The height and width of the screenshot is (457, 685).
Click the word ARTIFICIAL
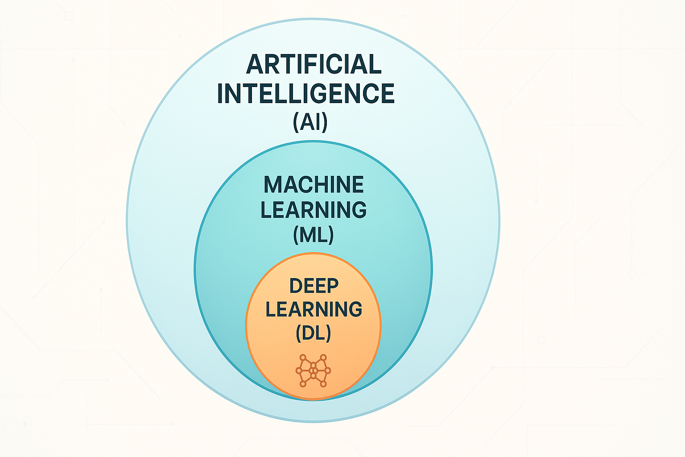tap(314, 64)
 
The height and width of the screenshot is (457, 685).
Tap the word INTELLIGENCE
tap(305, 93)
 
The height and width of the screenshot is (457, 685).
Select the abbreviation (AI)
tap(310, 121)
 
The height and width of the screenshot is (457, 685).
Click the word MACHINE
tap(314, 185)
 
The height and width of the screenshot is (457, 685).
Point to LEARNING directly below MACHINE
tap(314, 210)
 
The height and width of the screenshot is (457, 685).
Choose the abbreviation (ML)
tap(314, 234)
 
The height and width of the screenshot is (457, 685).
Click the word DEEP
tap(314, 286)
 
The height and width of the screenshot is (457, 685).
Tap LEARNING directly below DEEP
tap(314, 309)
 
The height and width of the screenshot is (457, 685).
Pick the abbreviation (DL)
tap(314, 333)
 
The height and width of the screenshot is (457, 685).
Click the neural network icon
tap(314, 371)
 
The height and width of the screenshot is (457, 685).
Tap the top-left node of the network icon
tap(303, 357)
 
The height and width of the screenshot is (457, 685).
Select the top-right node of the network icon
tap(324, 357)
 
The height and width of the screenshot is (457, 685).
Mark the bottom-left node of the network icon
tap(303, 384)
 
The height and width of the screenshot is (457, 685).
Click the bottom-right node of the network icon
tap(324, 384)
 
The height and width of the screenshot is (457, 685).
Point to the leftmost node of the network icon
tap(298, 370)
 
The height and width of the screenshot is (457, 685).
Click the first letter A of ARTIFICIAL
tap(255, 64)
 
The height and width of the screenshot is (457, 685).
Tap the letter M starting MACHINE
tap(272, 185)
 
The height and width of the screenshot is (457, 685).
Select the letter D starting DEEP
tap(296, 286)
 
